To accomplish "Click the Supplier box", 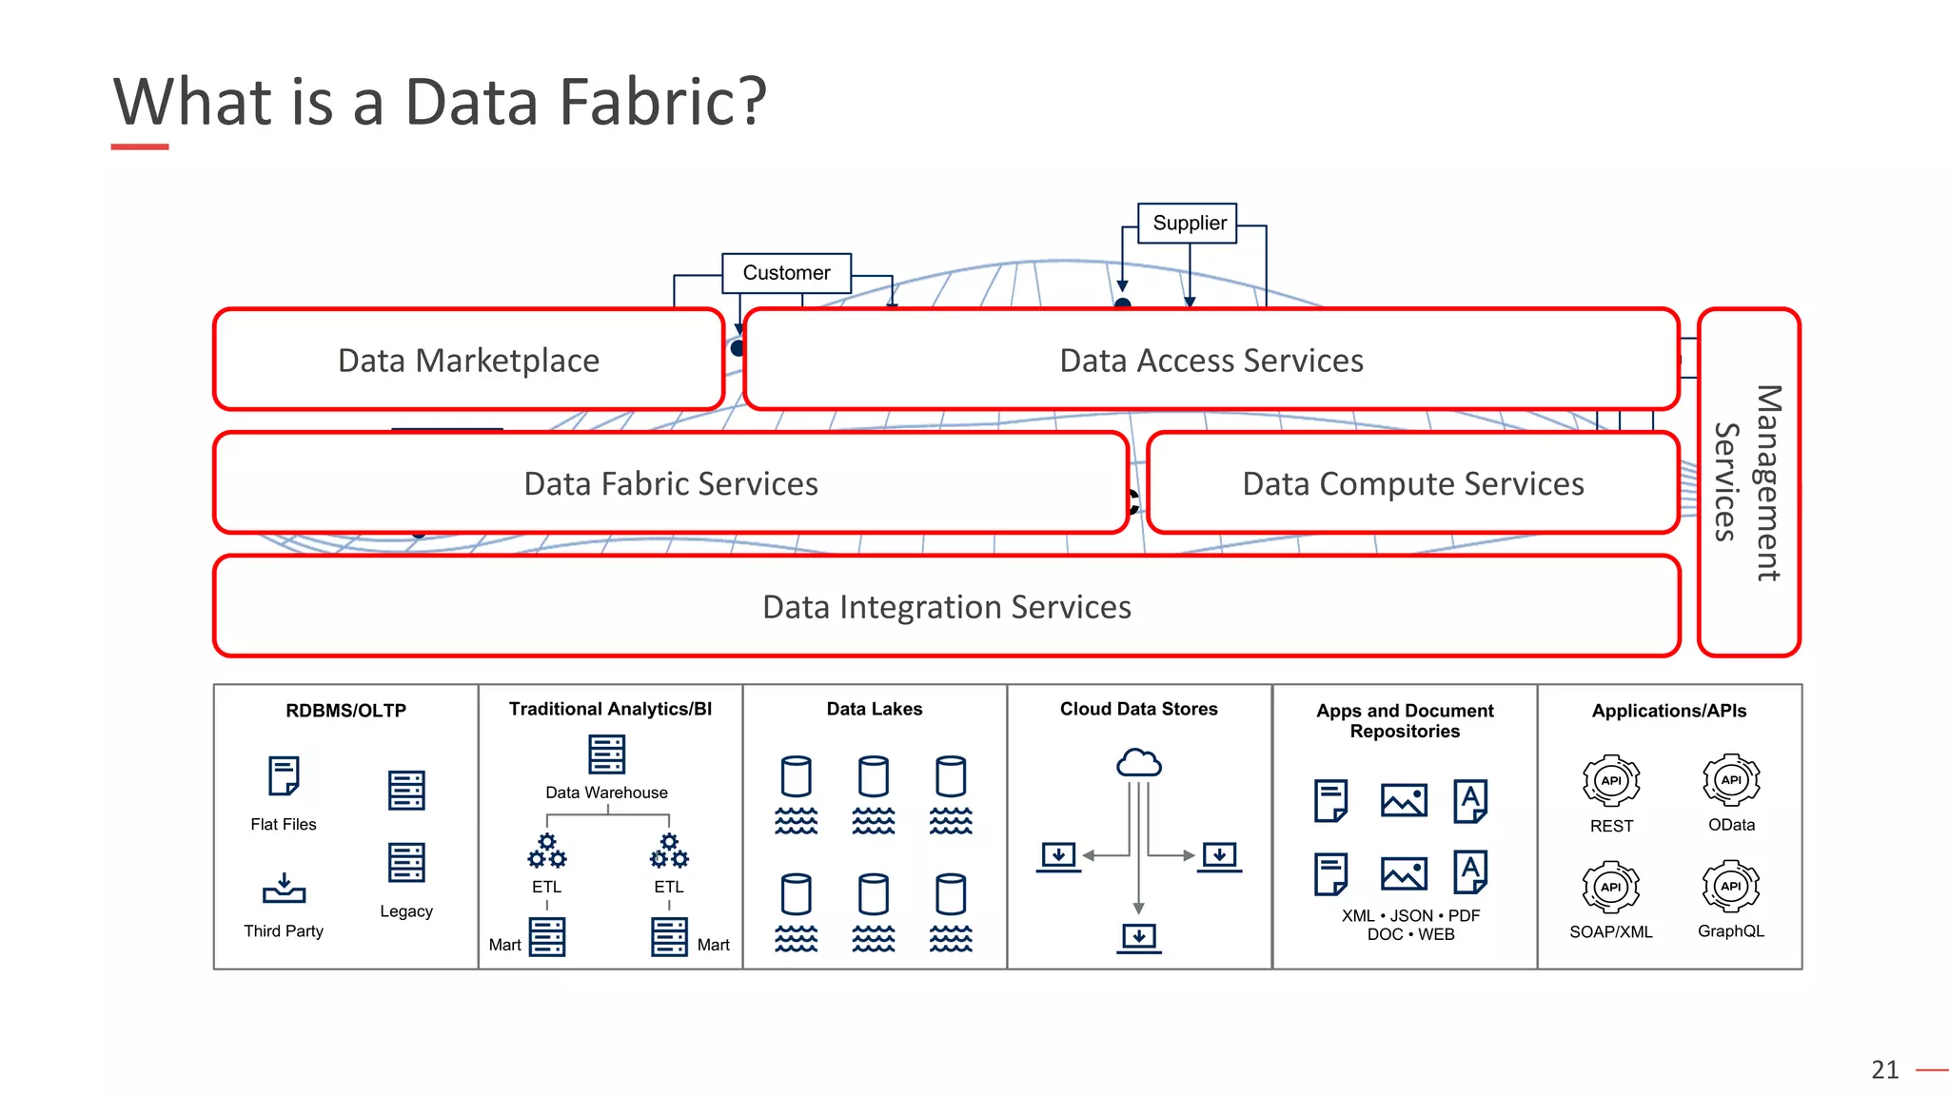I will (x=1188, y=223).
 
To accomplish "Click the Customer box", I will (x=786, y=273).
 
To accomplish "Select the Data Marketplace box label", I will (x=468, y=361).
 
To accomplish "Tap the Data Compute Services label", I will (x=1412, y=484).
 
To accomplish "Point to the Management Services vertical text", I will (x=1747, y=482).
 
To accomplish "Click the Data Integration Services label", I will (x=946, y=607).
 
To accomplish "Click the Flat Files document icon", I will (x=284, y=776).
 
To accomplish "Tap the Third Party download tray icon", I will (x=284, y=888).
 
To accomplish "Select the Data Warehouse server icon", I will (x=606, y=754).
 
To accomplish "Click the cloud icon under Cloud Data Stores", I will (x=1138, y=763).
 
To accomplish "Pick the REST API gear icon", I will (x=1610, y=781).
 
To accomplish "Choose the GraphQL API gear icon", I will (x=1730, y=887).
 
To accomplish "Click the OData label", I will (x=1731, y=825).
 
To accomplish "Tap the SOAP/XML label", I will (x=1610, y=932).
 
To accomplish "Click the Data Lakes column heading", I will (x=874, y=709).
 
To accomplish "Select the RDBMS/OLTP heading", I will (x=345, y=711).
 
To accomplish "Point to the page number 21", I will (x=1884, y=1070).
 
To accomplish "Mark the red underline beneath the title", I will (x=140, y=147).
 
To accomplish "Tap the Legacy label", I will (x=406, y=911).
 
